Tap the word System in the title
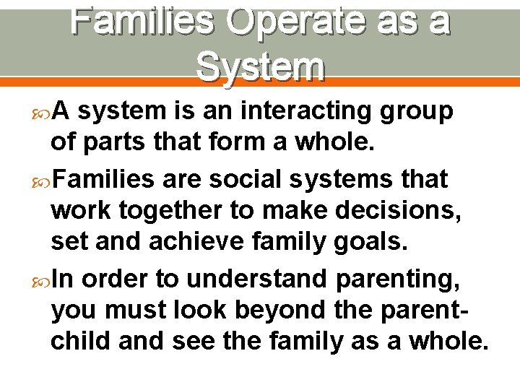[261, 67]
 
